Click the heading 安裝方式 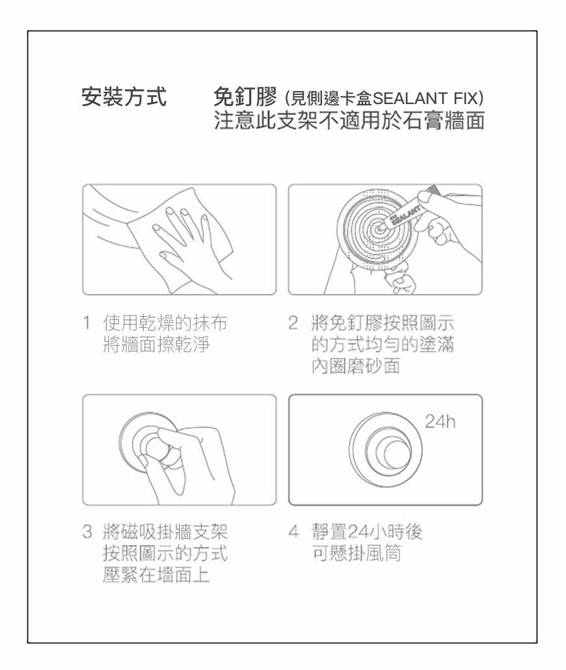point(124,96)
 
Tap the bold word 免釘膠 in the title point(245,96)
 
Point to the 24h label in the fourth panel point(440,422)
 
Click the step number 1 point(87,323)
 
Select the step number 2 point(293,323)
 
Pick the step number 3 point(87,532)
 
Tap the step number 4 point(293,532)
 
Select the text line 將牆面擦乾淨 point(156,344)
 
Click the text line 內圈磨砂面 point(356,366)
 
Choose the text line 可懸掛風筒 point(357,553)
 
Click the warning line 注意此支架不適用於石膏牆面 point(349,120)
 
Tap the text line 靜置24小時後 point(367,532)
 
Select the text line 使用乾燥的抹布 point(165,323)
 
